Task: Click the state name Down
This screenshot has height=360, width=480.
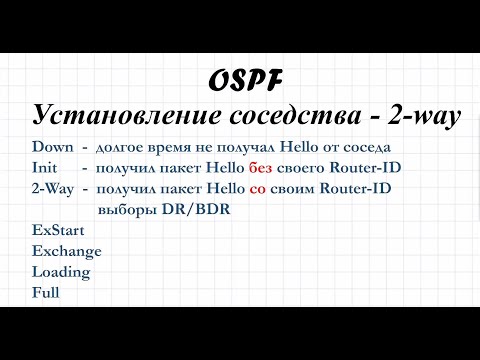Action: pyautogui.click(x=52, y=147)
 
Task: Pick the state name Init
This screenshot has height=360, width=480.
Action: pyautogui.click(x=45, y=167)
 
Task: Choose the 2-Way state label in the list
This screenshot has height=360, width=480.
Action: pyautogui.click(x=52, y=188)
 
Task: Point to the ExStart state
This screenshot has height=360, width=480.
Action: pyautogui.click(x=59, y=229)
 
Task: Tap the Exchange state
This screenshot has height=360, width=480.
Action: pyautogui.click(x=66, y=250)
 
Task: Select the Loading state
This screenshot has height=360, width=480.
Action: pyautogui.click(x=61, y=271)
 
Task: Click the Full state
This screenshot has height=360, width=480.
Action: pyautogui.click(x=46, y=292)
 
